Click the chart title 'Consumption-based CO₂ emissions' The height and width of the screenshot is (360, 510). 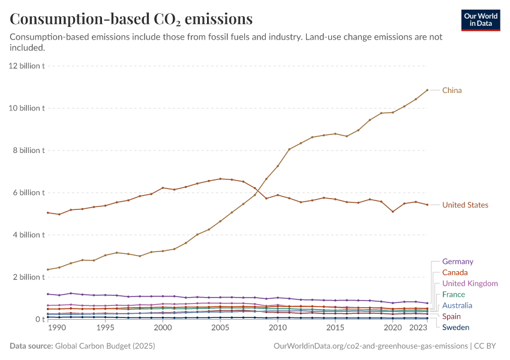[x=131, y=19]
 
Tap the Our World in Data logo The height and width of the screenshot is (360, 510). [x=480, y=20]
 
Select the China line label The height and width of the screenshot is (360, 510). [x=452, y=91]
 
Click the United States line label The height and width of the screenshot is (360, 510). [x=465, y=205]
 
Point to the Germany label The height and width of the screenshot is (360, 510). [x=457, y=262]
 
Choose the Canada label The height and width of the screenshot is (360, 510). [x=455, y=272]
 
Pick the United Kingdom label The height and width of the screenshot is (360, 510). [x=470, y=284]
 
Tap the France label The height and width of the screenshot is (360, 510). [x=454, y=295]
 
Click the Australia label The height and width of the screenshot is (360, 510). [x=457, y=305]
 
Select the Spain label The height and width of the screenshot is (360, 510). [x=451, y=316]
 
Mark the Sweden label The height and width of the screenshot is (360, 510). [x=455, y=327]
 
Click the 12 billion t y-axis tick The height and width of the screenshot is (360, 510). [x=26, y=66]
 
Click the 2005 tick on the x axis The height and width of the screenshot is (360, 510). [x=220, y=328]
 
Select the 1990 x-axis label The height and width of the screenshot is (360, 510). [x=56, y=328]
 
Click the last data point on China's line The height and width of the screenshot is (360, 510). [x=427, y=90]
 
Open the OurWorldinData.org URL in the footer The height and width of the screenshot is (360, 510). [x=370, y=346]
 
